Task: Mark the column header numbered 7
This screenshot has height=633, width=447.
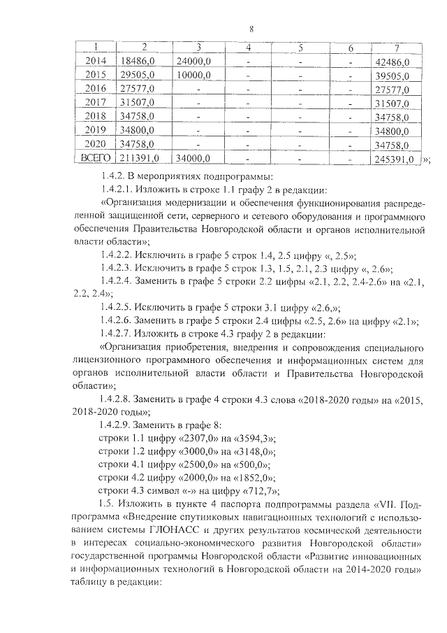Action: (396, 48)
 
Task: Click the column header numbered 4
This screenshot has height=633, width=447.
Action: (249, 48)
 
